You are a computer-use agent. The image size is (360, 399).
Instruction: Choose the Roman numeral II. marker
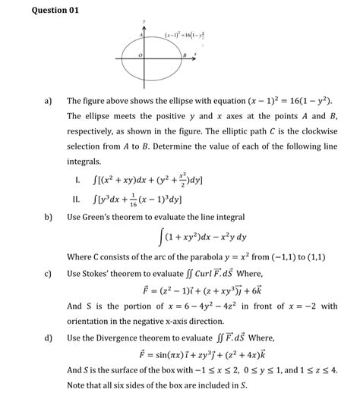tap(76, 199)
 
